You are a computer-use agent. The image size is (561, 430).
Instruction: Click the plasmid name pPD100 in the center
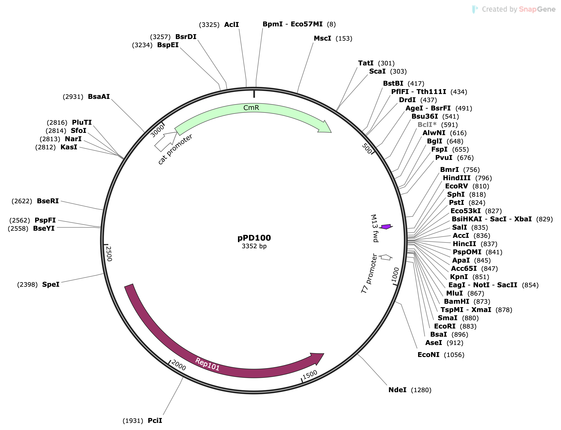254,238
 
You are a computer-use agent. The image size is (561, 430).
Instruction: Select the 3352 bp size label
254,246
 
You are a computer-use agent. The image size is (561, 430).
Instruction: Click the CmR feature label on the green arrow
251,108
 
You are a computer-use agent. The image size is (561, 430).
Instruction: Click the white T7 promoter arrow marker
386,257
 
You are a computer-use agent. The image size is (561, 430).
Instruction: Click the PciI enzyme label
155,421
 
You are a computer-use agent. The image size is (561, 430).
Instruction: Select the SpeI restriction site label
51,284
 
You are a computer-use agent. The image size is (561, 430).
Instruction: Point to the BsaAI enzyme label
99,96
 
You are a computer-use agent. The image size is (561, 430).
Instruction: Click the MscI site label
322,38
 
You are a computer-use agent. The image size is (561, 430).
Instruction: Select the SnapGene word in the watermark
537,9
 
